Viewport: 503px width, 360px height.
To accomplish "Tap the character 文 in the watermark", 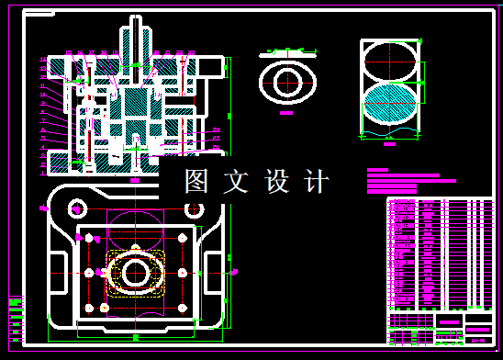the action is coord(236,181).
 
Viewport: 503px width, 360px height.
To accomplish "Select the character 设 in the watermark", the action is coord(276,181).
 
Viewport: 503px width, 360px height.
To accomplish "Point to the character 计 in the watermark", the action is coord(316,181).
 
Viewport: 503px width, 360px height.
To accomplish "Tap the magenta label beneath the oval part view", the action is coord(286,113).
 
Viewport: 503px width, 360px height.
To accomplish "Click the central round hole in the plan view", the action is coord(136,272).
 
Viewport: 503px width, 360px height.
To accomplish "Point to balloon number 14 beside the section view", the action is coord(43,60).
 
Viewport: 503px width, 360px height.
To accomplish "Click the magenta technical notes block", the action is coord(404,181).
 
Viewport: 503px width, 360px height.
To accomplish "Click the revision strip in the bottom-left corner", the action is coord(15,318).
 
